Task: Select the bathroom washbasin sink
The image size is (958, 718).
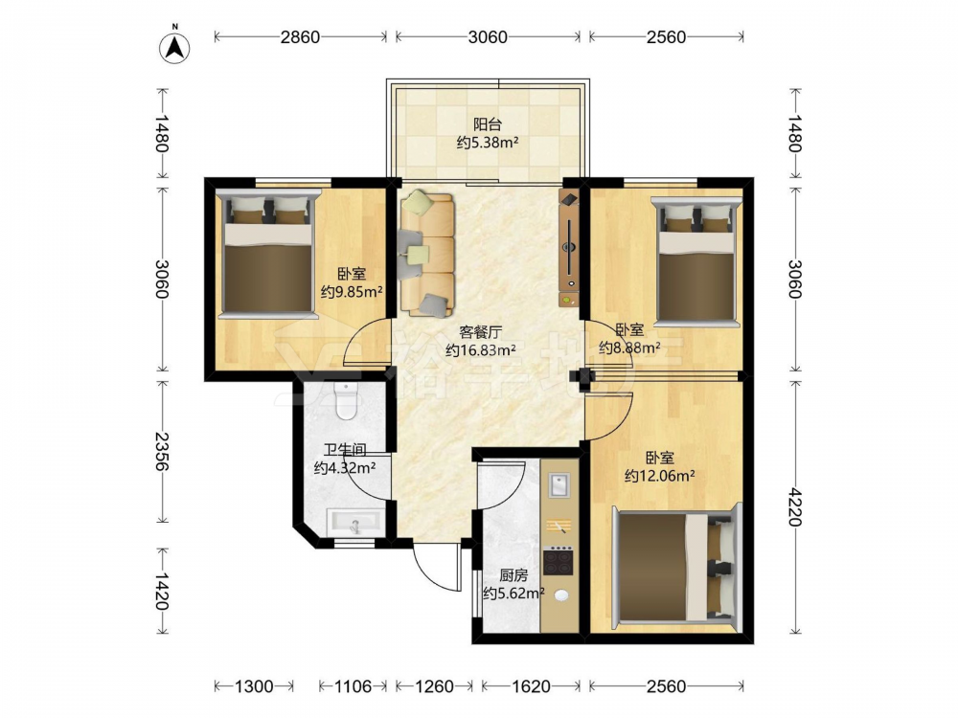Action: (354, 523)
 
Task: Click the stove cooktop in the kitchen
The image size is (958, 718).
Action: (559, 561)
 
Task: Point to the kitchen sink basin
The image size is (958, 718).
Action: (559, 486)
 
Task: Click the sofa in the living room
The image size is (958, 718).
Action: (426, 254)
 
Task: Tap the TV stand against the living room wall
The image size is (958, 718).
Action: (569, 248)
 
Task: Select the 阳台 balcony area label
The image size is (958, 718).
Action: (488, 124)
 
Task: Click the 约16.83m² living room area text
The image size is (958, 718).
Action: (481, 350)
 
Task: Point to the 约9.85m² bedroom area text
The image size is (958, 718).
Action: (352, 292)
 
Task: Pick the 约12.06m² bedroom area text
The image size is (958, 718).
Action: (659, 476)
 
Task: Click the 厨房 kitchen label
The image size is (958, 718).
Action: (513, 575)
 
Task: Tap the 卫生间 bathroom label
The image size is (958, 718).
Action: (345, 451)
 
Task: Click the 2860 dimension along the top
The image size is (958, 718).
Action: (300, 37)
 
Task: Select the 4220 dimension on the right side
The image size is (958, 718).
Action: (795, 506)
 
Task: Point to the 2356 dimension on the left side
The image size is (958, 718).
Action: (162, 451)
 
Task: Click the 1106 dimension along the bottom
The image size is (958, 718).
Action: (353, 686)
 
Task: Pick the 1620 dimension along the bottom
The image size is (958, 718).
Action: (531, 686)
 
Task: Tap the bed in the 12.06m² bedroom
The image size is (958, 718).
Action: (677, 568)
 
